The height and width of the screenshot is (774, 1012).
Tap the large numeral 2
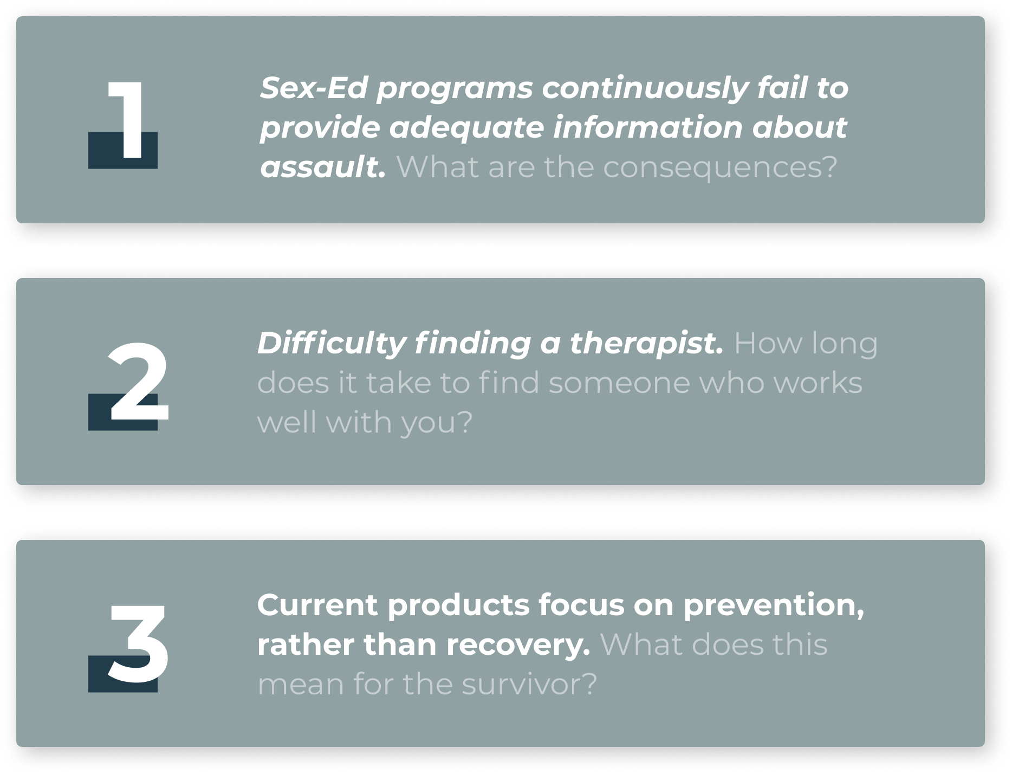coord(138,382)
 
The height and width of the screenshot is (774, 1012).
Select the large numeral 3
coord(138,644)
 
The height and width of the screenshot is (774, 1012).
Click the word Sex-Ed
coord(314,88)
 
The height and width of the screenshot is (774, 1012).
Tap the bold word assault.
coord(323,166)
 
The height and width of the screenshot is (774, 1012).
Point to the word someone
coord(619,383)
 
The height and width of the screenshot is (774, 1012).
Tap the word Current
coord(317,605)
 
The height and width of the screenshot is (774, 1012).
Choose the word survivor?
coord(529,684)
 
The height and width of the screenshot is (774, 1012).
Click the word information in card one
coord(647,127)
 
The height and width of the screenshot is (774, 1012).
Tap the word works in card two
coord(818,383)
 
